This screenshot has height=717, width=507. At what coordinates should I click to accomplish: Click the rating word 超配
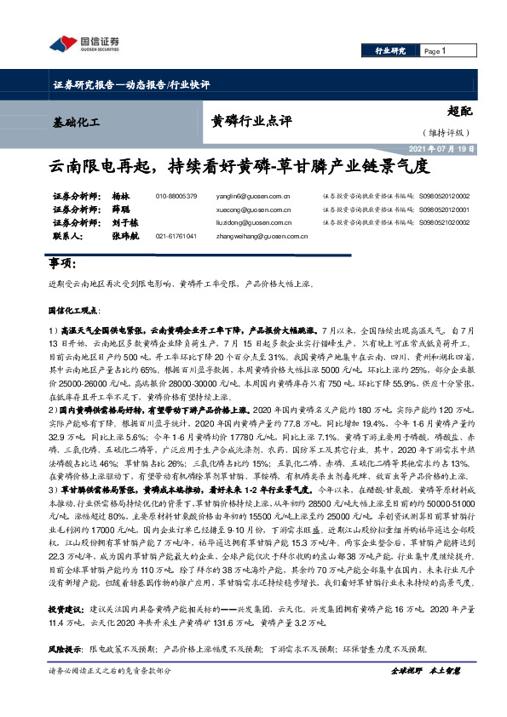(x=458, y=111)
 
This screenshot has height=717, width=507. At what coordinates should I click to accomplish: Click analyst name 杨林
(x=119, y=196)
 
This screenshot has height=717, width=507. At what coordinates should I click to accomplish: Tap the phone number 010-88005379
(x=176, y=196)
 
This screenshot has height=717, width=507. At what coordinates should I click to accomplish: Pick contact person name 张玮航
(x=122, y=234)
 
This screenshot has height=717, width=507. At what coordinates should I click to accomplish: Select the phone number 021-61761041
(x=176, y=234)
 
